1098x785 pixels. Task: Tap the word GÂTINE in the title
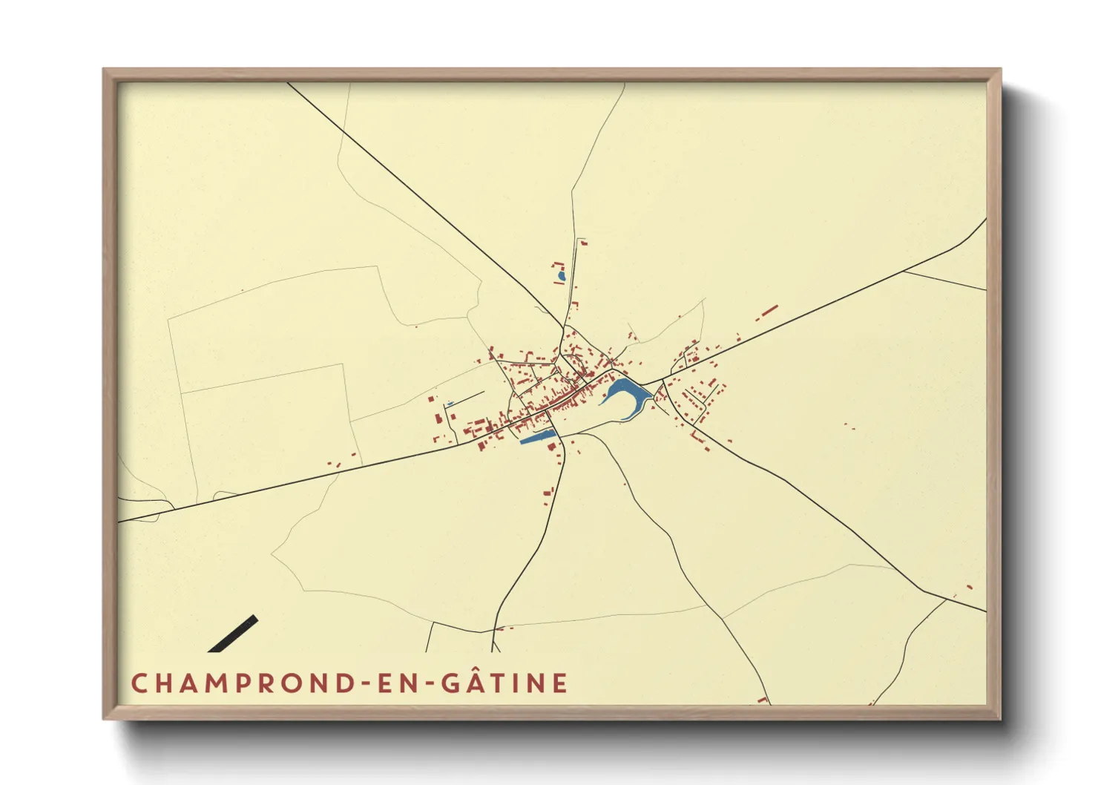(x=505, y=683)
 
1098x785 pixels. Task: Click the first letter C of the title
(x=139, y=683)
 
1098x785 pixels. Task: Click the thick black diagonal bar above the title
(x=234, y=634)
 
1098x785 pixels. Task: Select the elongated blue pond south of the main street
(x=538, y=437)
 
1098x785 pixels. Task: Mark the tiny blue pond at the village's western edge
(x=450, y=404)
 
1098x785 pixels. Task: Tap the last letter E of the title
(x=561, y=683)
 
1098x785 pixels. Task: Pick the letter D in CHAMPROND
(x=345, y=683)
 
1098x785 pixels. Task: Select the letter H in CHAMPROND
(x=165, y=683)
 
